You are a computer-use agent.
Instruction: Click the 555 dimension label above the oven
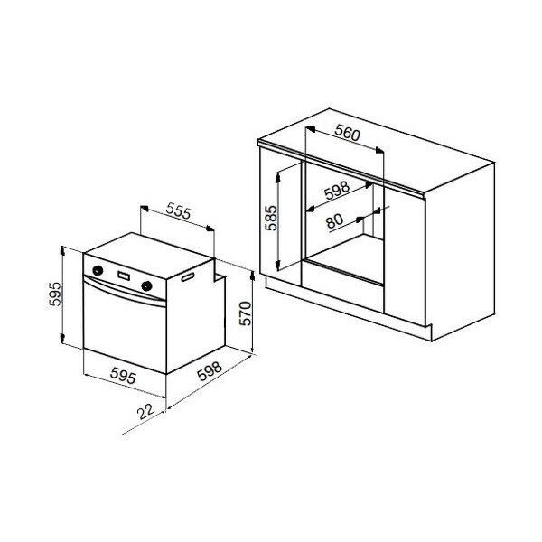tap(178, 211)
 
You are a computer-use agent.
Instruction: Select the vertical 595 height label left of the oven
tap(55, 294)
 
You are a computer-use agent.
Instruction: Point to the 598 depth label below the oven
tap(210, 370)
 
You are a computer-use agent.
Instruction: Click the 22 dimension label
tap(145, 411)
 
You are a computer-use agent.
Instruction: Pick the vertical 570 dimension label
tap(246, 313)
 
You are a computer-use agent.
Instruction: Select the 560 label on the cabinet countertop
tap(348, 133)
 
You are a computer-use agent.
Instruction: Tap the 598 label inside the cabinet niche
tap(337, 190)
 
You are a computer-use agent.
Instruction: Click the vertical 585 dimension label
tap(271, 218)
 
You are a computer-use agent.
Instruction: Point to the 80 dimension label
tap(334, 220)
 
